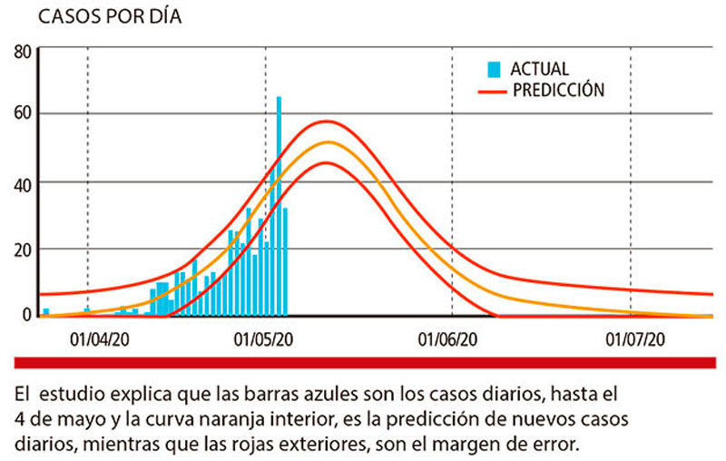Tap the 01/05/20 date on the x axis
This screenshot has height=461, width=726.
point(264,340)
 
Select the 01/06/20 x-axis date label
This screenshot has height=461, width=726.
point(448,340)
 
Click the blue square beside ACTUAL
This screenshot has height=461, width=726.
point(494,69)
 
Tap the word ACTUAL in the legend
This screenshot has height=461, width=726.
point(540,69)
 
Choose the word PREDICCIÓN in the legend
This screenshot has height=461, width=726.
point(558,90)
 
